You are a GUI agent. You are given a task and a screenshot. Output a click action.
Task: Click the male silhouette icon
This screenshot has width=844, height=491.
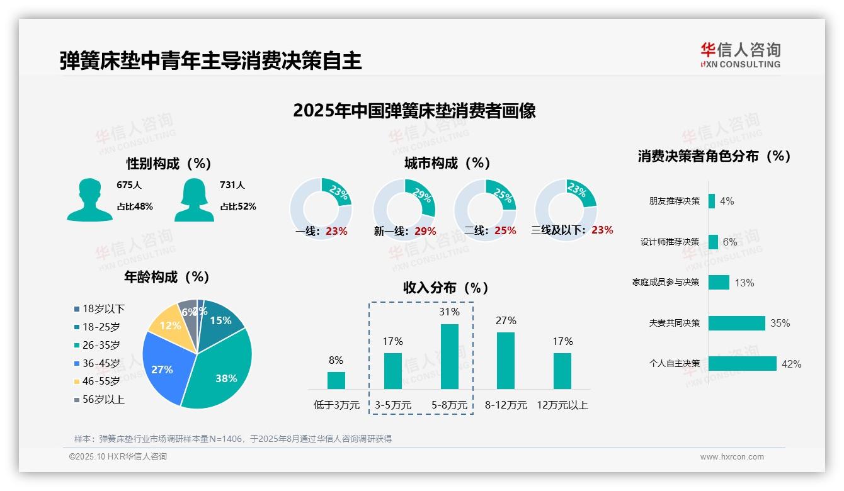(x=89, y=200)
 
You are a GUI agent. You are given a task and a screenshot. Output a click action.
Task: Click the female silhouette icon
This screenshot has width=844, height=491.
(x=194, y=200)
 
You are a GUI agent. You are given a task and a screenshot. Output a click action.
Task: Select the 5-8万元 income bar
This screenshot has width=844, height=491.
(x=450, y=356)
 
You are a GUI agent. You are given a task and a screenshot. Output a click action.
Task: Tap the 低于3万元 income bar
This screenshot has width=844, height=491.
(x=336, y=380)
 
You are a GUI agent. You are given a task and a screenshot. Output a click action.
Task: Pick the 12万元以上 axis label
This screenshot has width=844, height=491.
(x=562, y=405)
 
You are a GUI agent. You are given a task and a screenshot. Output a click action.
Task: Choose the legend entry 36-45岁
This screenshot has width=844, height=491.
(x=101, y=363)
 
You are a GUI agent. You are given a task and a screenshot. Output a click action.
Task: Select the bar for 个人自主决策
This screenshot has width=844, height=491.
(x=742, y=364)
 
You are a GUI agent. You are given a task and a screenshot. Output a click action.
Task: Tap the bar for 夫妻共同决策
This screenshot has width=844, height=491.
(x=736, y=323)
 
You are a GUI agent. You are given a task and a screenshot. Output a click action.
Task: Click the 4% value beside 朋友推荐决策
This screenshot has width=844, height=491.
(x=727, y=201)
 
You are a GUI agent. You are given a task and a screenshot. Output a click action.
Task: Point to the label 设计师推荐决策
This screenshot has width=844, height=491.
(x=670, y=242)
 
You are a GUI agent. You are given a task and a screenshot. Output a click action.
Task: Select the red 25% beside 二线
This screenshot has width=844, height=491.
(x=505, y=231)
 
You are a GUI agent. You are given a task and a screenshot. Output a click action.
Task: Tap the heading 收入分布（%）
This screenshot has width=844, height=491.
(x=446, y=288)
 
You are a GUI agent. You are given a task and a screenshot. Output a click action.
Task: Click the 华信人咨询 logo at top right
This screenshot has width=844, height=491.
(x=740, y=55)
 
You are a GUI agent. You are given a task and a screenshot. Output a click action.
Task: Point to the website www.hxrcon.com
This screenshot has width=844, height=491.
(x=731, y=457)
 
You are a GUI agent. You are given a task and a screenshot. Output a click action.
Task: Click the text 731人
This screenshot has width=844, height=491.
(x=232, y=185)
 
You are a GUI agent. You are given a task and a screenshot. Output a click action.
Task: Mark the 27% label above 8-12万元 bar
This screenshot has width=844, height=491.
(x=506, y=321)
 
